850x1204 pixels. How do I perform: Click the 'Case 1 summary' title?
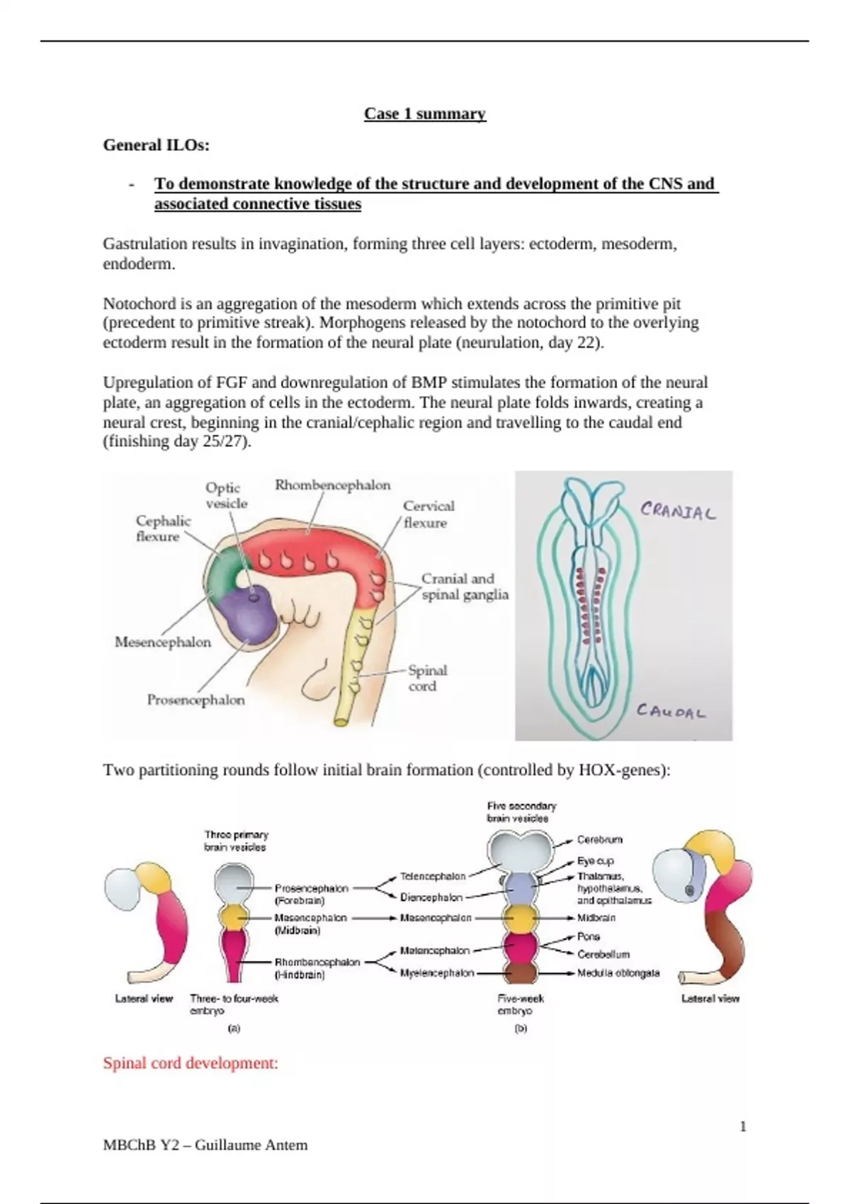click(425, 114)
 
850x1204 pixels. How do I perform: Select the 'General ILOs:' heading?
click(157, 145)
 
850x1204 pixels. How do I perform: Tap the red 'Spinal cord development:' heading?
click(191, 1062)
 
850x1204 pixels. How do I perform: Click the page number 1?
click(743, 1126)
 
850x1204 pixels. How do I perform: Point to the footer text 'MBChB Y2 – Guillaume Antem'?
click(205, 1145)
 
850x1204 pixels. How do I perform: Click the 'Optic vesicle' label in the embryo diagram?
click(227, 496)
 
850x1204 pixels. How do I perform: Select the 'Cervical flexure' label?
click(429, 514)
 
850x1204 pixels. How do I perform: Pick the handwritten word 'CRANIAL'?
click(678, 511)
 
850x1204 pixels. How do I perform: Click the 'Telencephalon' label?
click(433, 876)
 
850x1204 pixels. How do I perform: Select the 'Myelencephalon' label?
click(436, 973)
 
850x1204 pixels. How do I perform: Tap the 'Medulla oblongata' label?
click(618, 973)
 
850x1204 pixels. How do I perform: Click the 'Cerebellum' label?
click(603, 955)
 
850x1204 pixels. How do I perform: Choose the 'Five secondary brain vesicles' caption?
click(521, 812)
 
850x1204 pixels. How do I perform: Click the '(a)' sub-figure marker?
click(234, 1028)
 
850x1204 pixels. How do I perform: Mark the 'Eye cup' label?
click(595, 861)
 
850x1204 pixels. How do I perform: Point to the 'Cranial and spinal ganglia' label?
click(465, 586)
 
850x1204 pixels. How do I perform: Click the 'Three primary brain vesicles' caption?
click(236, 841)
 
